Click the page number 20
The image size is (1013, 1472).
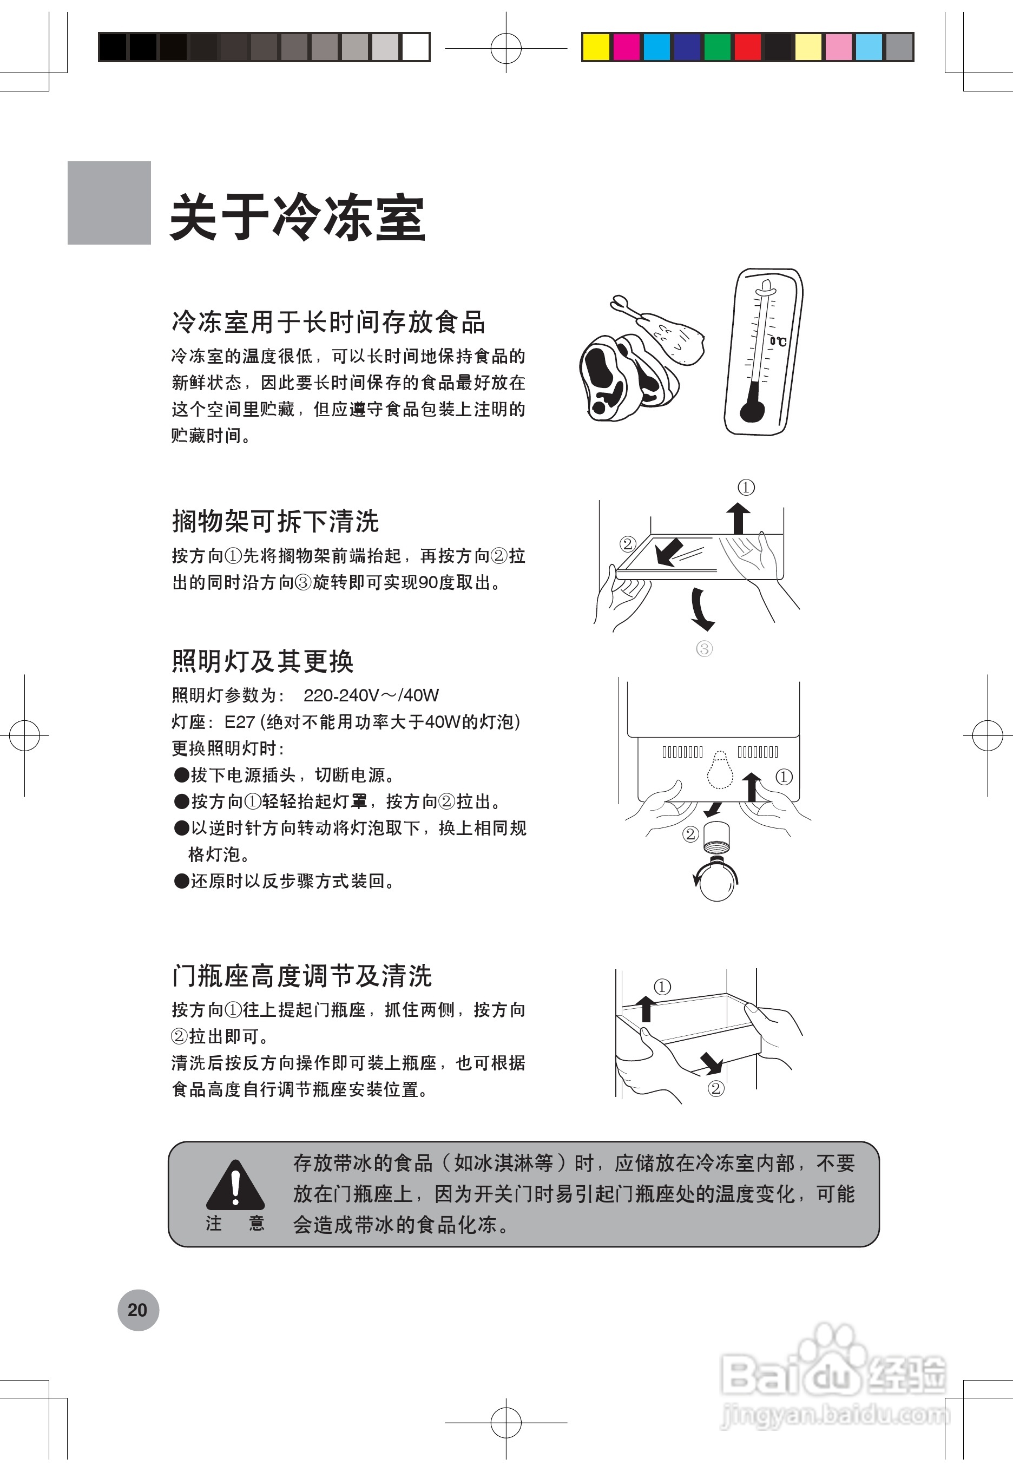(138, 1310)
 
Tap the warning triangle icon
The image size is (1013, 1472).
(235, 1186)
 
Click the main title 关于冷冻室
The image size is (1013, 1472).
(297, 217)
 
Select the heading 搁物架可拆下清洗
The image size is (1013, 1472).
(275, 521)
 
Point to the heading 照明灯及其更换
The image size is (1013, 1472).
(262, 661)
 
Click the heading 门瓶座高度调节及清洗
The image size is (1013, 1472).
(301, 976)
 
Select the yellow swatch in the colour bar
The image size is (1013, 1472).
(596, 48)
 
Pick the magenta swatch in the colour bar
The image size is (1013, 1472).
(627, 48)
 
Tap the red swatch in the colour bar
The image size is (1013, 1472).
(748, 48)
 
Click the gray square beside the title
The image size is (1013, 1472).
(109, 202)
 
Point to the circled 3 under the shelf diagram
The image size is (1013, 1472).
(704, 649)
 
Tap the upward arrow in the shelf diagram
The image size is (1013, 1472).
(738, 517)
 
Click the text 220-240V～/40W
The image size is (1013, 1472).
(371, 696)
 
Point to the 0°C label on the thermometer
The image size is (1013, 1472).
(778, 341)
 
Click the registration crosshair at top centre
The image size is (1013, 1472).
(506, 48)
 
